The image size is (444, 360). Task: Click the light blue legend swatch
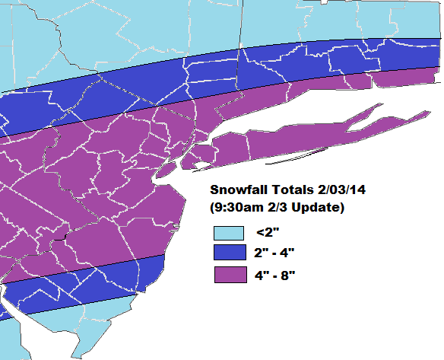click(x=228, y=233)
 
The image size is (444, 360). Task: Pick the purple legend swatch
click(x=228, y=274)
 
